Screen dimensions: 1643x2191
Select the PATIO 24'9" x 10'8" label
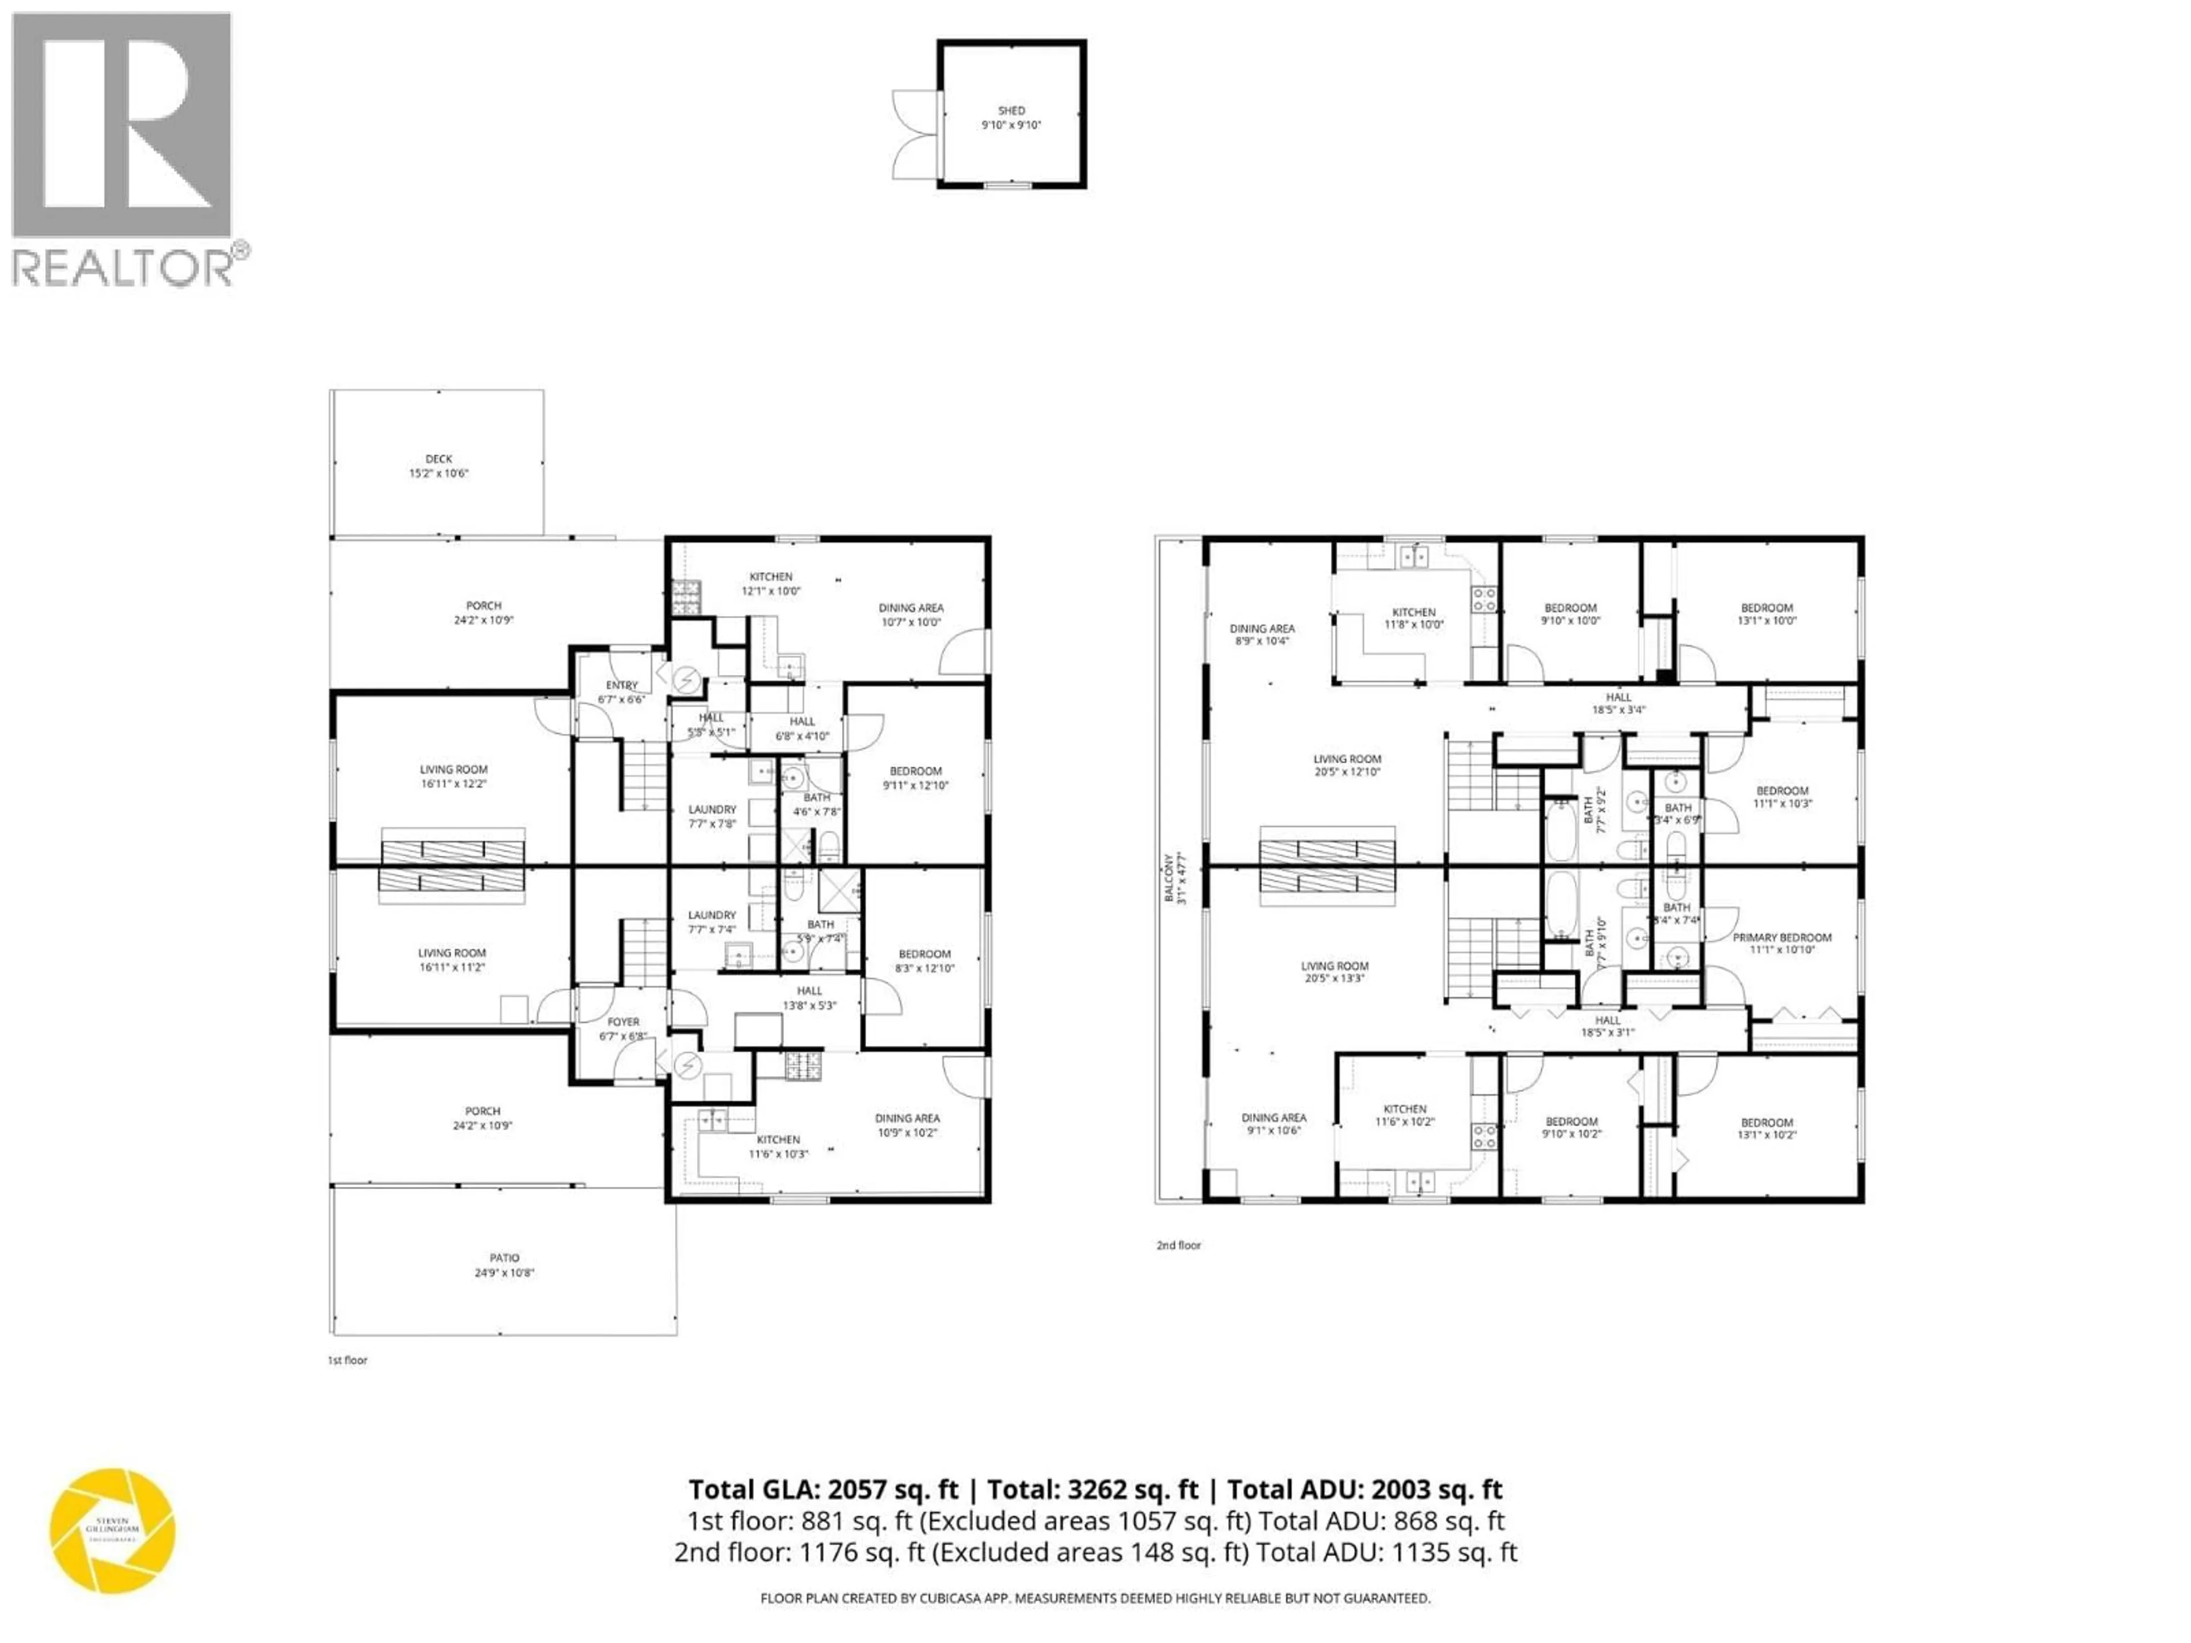pos(504,1265)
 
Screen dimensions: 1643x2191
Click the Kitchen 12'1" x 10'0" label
pos(771,583)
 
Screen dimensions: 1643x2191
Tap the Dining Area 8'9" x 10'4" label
pos(1262,634)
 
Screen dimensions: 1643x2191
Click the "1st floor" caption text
pos(347,1360)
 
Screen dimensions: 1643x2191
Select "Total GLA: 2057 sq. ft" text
pos(823,1490)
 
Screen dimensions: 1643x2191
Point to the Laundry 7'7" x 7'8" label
pos(712,816)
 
